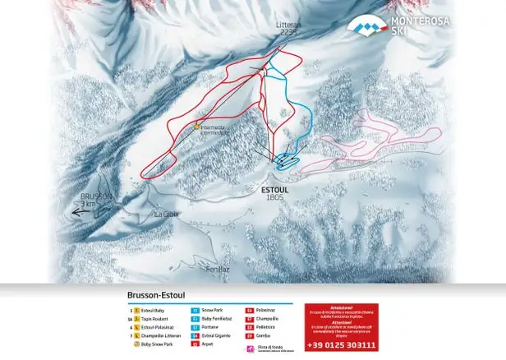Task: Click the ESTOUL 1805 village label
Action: pos(276,192)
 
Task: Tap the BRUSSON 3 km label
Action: pos(96,200)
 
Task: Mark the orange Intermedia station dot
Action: pos(196,127)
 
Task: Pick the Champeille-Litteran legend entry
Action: pos(160,336)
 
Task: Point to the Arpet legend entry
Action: pos(207,344)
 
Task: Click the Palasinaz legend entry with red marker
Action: pos(261,311)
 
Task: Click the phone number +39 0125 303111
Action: pos(341,345)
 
